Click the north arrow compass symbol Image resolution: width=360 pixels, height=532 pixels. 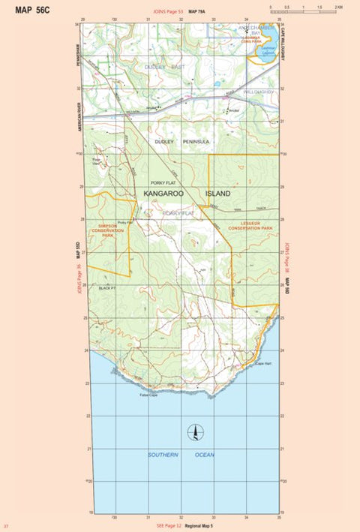pyautogui.click(x=195, y=432)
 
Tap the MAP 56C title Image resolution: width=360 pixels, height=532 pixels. pyautogui.click(x=33, y=10)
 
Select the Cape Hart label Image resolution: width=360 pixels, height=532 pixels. pyautogui.click(x=263, y=364)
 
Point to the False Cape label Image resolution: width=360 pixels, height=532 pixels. pyautogui.click(x=148, y=395)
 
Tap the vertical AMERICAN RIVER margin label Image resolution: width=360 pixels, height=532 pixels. pyautogui.click(x=79, y=117)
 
